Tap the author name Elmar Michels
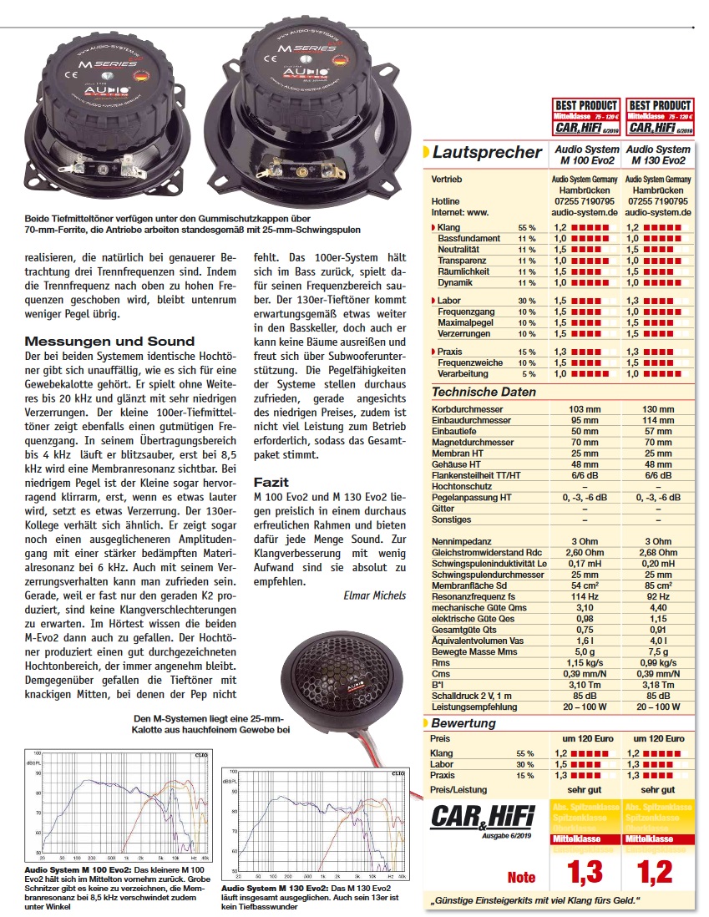click(374, 595)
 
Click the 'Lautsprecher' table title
click(487, 152)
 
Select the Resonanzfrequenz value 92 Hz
click(658, 595)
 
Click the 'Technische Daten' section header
click(484, 392)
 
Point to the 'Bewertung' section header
click(463, 723)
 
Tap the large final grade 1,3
click(585, 872)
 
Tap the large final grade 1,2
click(655, 872)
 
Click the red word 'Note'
click(521, 877)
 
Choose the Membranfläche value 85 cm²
click(658, 585)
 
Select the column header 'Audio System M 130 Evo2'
click(658, 155)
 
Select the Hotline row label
click(445, 201)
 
